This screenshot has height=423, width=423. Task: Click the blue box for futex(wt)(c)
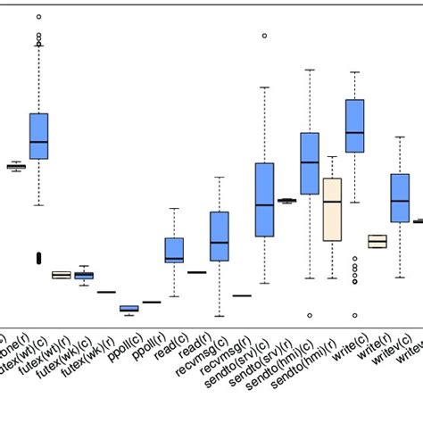click(x=38, y=136)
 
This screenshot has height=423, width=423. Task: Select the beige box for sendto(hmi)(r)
click(x=332, y=210)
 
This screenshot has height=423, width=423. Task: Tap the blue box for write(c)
click(x=354, y=125)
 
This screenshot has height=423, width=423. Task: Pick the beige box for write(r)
click(x=377, y=241)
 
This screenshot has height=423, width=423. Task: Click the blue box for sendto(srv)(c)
click(x=264, y=199)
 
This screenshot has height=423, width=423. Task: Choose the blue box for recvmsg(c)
click(x=219, y=236)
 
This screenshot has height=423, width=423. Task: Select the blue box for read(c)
click(x=174, y=250)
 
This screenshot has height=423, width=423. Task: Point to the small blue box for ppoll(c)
click(x=129, y=309)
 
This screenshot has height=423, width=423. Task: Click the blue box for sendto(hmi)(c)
click(x=310, y=163)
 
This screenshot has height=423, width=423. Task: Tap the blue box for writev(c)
click(x=400, y=197)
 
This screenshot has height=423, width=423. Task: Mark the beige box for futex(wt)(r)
click(x=61, y=275)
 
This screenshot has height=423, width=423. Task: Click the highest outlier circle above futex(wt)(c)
click(x=38, y=17)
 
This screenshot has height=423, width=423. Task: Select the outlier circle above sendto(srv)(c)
click(x=264, y=36)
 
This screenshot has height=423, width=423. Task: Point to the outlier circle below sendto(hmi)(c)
click(x=310, y=315)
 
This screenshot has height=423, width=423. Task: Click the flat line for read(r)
click(x=196, y=272)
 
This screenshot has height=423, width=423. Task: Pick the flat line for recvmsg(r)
click(x=242, y=295)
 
